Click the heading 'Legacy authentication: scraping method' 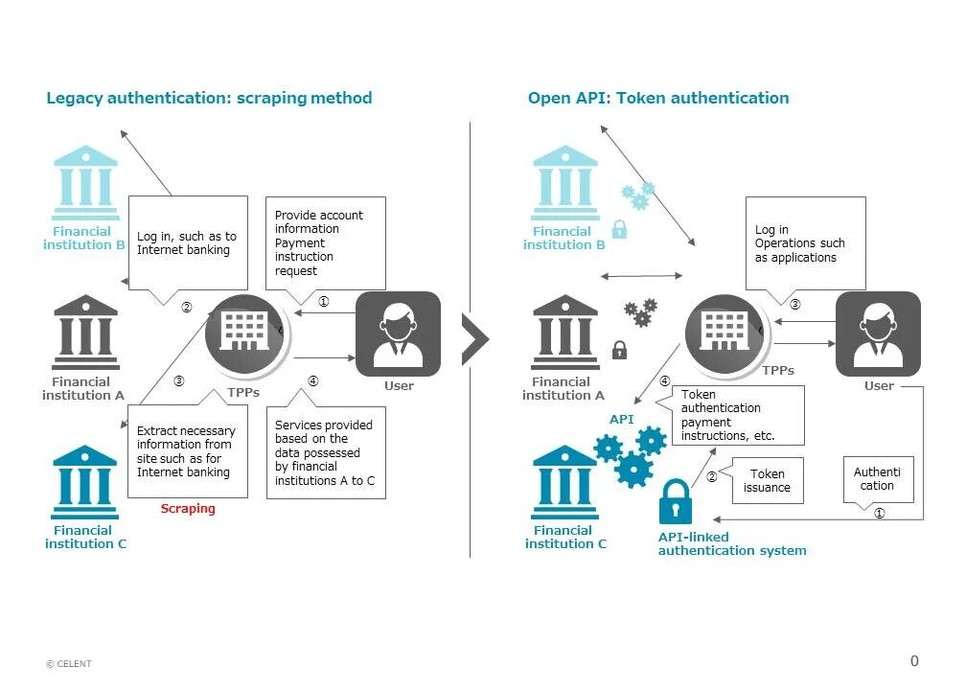[x=209, y=98]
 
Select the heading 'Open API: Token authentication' [x=658, y=98]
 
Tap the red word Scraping [x=188, y=509]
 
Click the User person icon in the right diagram [x=878, y=333]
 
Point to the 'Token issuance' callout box [x=767, y=480]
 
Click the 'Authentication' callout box [x=877, y=478]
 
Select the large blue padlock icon [x=676, y=501]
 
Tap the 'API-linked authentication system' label [x=732, y=543]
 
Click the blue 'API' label [x=621, y=420]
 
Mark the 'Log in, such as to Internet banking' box [x=187, y=243]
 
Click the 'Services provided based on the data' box [x=326, y=452]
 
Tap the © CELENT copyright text [x=69, y=664]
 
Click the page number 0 [x=913, y=660]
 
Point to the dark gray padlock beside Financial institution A [x=619, y=349]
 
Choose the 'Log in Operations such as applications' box [x=805, y=243]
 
